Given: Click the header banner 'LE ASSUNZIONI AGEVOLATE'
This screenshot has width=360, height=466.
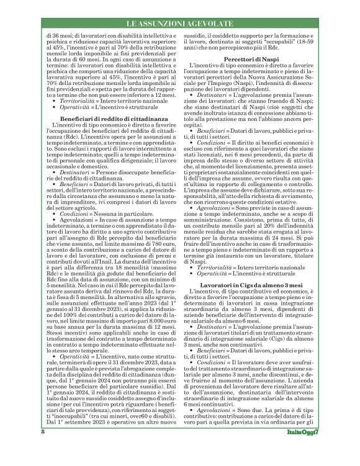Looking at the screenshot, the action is [180, 24].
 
